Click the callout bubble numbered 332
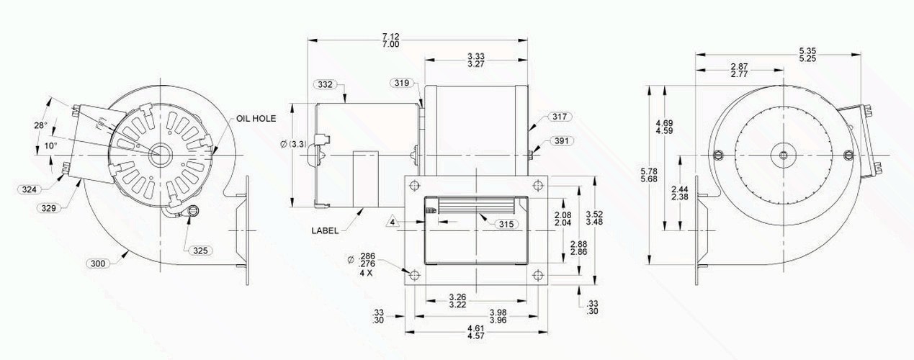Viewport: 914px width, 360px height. [x=326, y=84]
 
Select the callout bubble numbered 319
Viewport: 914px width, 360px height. [x=401, y=84]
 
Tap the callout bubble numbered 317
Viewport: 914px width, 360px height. [x=560, y=117]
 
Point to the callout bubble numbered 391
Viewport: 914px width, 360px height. [x=562, y=141]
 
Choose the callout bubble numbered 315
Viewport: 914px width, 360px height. [x=506, y=224]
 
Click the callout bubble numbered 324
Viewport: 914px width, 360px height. [x=29, y=189]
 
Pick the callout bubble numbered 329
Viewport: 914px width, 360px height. [x=48, y=208]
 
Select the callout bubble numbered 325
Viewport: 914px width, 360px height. [x=200, y=251]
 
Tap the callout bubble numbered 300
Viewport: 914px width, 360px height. [x=98, y=264]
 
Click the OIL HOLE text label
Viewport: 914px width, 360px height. [x=256, y=119]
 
